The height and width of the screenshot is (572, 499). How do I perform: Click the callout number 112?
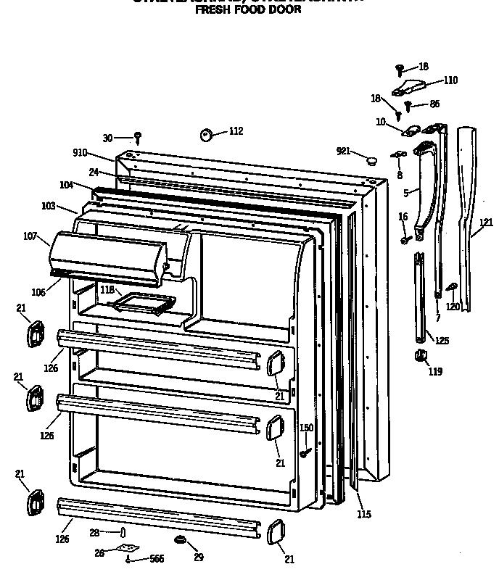[x=236, y=131]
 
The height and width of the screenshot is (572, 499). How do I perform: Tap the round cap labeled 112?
[x=205, y=133]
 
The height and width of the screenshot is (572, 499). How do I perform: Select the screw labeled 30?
[x=137, y=136]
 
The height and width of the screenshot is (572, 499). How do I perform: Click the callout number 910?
[x=80, y=153]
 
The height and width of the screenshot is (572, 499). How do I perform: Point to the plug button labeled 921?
[x=371, y=159]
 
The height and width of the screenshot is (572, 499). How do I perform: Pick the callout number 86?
[x=434, y=104]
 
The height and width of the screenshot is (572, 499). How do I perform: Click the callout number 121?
[x=486, y=223]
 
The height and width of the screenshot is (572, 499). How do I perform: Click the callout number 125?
[x=442, y=340]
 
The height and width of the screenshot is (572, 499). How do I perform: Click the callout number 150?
[x=306, y=428]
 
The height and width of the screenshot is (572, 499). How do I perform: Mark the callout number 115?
[x=364, y=515]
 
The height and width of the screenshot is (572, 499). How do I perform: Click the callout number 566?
[x=157, y=559]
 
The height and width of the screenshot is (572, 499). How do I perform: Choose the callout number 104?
[x=67, y=185]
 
